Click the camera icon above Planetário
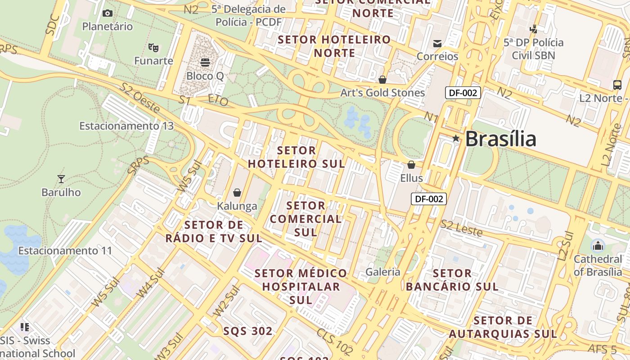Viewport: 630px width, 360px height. [107, 13]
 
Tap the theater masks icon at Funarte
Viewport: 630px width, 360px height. [153, 47]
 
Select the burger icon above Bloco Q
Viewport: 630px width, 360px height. [205, 62]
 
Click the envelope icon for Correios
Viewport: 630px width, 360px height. [437, 43]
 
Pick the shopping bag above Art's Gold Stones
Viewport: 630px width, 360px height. [382, 80]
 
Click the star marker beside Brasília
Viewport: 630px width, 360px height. [456, 139]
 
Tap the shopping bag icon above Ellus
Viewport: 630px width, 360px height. [411, 165]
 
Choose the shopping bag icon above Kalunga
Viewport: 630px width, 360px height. [237, 193]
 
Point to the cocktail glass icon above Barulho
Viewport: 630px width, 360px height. [61, 179]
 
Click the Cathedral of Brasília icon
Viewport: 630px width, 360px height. [598, 246]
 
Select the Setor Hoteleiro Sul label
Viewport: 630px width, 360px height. [297, 157]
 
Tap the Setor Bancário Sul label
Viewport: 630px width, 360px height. [452, 280]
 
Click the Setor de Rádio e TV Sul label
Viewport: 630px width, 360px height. [214, 231]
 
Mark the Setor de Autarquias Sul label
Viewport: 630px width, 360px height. [503, 327]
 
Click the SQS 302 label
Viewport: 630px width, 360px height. [248, 331]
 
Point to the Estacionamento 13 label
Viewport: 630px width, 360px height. [126, 126]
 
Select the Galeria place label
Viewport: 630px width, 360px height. [383, 271]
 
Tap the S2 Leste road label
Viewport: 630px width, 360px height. [461, 229]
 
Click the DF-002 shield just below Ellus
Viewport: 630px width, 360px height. [428, 198]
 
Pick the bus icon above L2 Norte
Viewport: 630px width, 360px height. [617, 85]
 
